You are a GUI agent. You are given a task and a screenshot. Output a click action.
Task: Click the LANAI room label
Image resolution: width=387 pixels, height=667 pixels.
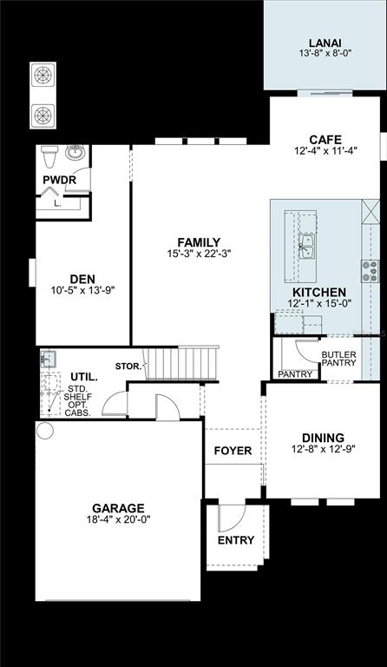click(x=325, y=43)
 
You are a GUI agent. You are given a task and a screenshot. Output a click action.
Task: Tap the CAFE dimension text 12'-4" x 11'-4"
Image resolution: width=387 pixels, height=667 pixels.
click(x=325, y=150)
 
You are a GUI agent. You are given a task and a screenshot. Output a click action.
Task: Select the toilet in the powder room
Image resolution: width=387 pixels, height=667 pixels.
click(x=49, y=156)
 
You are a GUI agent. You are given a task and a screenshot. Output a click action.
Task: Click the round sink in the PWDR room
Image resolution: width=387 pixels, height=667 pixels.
click(x=75, y=152)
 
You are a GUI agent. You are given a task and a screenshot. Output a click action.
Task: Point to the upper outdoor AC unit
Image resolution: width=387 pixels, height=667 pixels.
click(x=43, y=75)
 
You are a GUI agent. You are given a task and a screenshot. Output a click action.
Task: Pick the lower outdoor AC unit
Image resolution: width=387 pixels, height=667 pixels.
click(x=43, y=116)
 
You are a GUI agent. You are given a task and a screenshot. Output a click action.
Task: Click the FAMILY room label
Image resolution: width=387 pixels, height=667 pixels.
click(x=199, y=242)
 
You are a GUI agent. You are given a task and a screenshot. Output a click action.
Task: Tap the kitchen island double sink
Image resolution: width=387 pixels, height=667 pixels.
click(x=306, y=246)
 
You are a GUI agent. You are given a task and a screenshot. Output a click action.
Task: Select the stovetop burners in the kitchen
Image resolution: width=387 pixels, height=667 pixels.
click(x=370, y=271)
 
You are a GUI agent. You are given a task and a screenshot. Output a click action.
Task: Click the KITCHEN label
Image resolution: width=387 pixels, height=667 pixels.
click(x=319, y=292)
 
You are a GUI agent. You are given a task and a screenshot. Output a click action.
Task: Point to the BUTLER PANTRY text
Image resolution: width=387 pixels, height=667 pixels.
click(x=338, y=359)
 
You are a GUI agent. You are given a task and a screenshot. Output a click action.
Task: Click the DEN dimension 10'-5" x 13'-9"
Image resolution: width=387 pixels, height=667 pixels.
click(x=82, y=290)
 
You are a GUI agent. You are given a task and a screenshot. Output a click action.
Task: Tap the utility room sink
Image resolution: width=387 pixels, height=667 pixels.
click(x=48, y=359)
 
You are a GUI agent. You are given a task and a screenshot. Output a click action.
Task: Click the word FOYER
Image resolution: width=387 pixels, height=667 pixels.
click(x=233, y=451)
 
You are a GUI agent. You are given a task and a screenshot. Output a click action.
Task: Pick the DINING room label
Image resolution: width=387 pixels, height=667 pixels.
click(x=323, y=438)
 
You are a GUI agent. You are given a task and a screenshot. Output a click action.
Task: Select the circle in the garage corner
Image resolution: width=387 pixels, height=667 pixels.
click(x=44, y=431)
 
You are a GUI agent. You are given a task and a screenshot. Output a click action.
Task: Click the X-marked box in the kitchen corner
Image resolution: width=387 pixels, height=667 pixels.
click(x=371, y=211)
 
